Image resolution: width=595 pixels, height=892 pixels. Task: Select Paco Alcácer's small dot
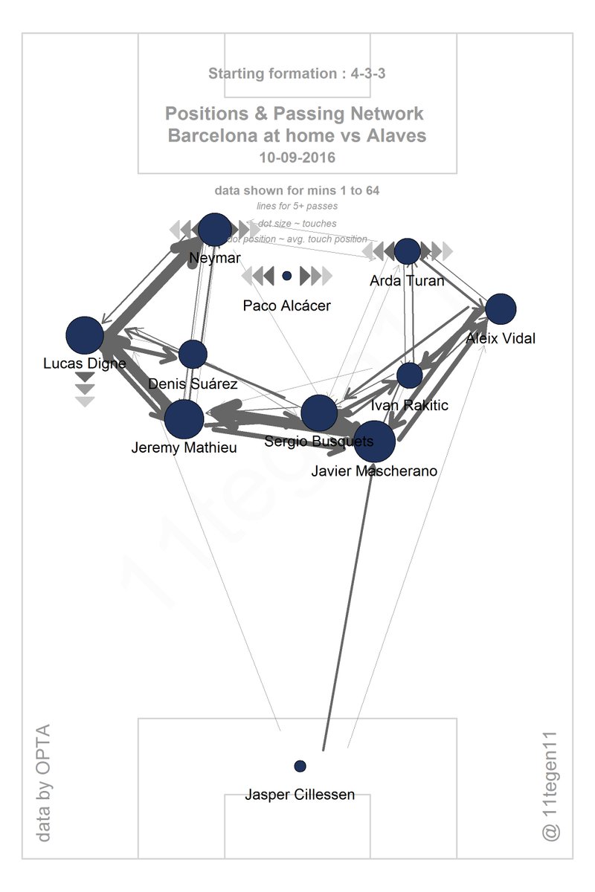tap(286, 276)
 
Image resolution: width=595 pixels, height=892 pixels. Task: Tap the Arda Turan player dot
tap(408, 251)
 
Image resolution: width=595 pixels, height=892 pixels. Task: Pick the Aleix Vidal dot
tap(501, 309)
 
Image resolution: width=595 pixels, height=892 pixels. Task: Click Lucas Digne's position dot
tap(85, 335)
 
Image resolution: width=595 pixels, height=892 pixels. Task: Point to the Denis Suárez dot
tap(193, 355)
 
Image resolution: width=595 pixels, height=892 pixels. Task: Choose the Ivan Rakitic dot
tap(410, 375)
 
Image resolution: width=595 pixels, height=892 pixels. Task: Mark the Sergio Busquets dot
tap(320, 413)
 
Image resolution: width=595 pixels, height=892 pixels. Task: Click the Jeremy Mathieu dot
tap(184, 419)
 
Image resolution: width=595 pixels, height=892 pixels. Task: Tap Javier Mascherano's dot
tap(373, 442)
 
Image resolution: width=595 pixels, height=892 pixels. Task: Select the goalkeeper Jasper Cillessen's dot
tap(300, 766)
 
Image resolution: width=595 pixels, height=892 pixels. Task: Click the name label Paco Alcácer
tap(286, 306)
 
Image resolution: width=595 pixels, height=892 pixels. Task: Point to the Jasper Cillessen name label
tap(300, 795)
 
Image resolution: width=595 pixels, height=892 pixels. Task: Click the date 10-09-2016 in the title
tap(297, 158)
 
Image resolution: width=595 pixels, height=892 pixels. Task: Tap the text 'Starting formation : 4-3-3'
tap(297, 74)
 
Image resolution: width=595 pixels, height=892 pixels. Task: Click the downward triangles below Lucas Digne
tap(86, 390)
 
